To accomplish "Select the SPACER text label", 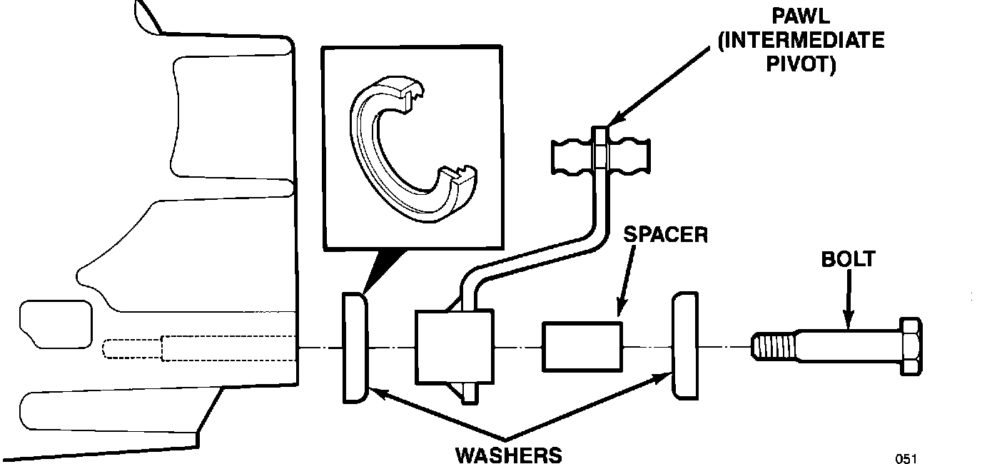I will [x=665, y=235].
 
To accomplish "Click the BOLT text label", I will [x=848, y=258].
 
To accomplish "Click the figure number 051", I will [x=906, y=458].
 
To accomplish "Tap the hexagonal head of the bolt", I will [x=910, y=346].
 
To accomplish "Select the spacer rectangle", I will [x=582, y=346].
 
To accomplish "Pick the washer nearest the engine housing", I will [x=355, y=347].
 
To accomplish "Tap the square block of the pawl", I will [x=455, y=347].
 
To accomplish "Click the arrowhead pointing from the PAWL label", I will [x=611, y=123].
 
